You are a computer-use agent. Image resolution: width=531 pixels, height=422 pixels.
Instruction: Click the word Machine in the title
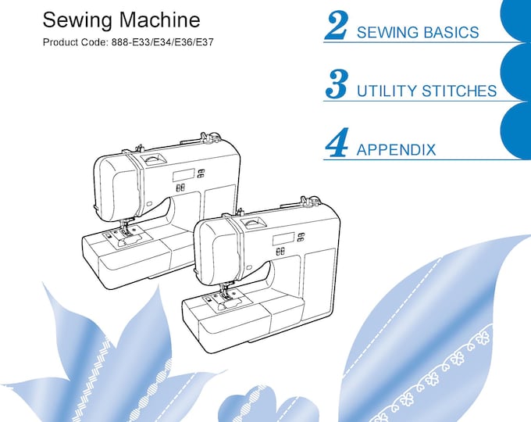tap(159, 20)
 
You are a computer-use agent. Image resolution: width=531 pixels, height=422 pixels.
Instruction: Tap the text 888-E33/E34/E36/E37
tap(162, 42)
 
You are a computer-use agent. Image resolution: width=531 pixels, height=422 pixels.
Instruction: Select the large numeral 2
tap(336, 25)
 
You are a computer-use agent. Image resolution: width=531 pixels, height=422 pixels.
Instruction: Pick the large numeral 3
tap(337, 84)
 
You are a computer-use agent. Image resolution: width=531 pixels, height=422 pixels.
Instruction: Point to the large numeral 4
tap(337, 142)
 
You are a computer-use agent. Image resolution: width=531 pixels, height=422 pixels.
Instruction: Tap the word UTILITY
tap(387, 91)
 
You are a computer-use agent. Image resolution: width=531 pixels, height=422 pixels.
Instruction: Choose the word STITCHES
tap(459, 91)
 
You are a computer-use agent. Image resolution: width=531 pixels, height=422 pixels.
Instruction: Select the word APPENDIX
tap(396, 149)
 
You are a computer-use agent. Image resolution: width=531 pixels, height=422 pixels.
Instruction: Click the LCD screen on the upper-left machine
tap(184, 176)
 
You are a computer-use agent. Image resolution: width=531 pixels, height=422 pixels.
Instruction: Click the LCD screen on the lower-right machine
tap(283, 239)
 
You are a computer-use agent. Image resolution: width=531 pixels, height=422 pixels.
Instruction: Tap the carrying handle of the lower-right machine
tap(252, 222)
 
